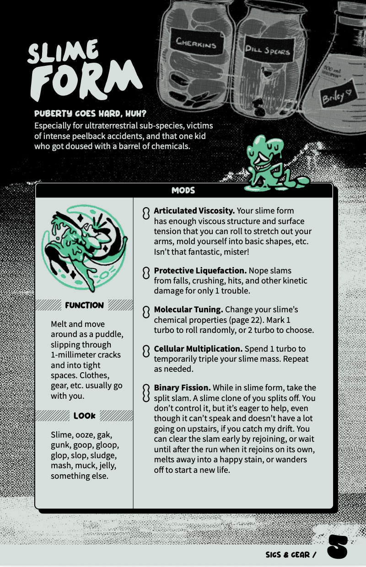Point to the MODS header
point(183,190)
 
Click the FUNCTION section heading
point(84,305)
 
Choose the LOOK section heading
point(84,416)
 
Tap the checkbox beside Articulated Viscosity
point(146,213)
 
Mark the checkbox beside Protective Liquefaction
point(146,273)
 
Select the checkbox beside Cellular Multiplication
point(146,351)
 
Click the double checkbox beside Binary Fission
point(146,393)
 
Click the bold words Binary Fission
point(182,387)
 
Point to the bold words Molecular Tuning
point(188,310)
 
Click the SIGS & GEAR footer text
point(291,555)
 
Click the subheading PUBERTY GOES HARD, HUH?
point(90,114)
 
